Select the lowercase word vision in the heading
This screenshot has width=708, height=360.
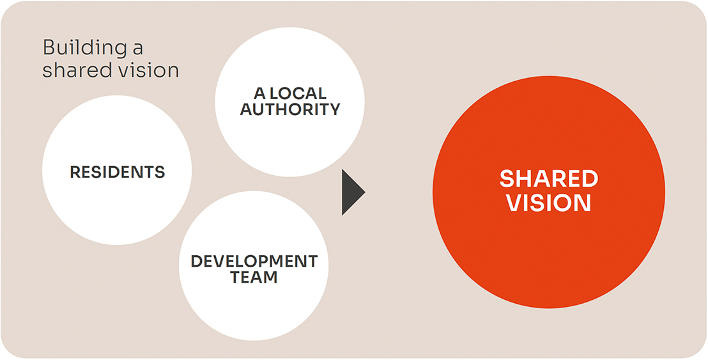pos(151,71)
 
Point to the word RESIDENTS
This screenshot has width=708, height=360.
pos(118,171)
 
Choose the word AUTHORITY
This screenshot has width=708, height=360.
pos(290,109)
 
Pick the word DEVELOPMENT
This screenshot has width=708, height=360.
pos(254,261)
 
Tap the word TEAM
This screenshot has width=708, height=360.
pos(254,277)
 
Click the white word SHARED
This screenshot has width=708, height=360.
pos(549,179)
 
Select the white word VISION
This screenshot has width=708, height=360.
pos(549,203)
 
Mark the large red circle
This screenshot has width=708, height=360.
pos(549,192)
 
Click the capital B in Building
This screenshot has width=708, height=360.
pos(49,47)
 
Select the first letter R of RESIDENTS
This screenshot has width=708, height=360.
pos(75,171)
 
